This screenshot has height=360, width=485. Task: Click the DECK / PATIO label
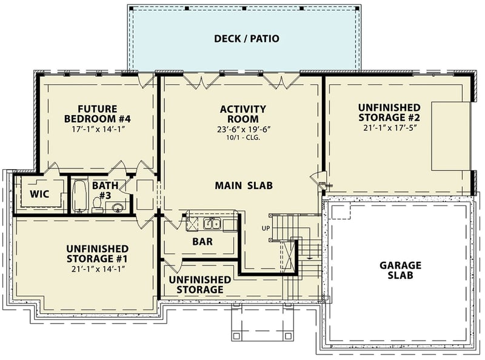[247, 39]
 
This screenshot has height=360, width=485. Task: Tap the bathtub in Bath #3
[80, 195]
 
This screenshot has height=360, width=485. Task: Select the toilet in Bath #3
[97, 205]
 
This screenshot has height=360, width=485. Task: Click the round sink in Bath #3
[118, 208]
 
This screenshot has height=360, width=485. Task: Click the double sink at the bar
[212, 224]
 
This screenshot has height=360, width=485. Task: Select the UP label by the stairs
[266, 228]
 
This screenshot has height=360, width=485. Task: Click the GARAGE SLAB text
[400, 270]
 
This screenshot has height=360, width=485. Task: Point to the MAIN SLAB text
[243, 185]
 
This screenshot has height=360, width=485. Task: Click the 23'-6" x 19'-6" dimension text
[243, 129]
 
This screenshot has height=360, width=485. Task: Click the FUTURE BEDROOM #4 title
[98, 113]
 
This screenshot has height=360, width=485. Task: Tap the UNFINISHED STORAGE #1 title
[97, 253]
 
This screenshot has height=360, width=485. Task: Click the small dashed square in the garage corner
[341, 211]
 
